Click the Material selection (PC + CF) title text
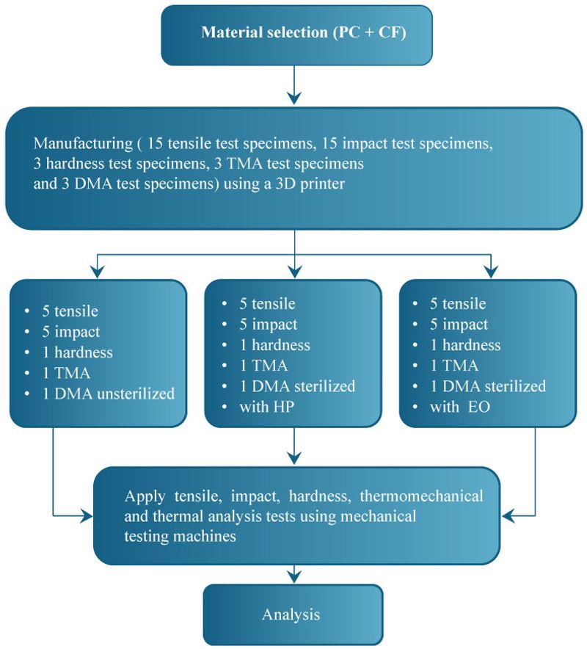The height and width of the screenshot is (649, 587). click(303, 32)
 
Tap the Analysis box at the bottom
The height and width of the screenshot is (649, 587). click(293, 614)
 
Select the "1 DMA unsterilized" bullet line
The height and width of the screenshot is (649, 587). click(109, 394)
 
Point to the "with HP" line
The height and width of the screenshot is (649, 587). click(267, 407)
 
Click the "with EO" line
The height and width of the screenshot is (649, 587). click(460, 407)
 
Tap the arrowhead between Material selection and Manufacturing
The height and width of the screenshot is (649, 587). click(294, 98)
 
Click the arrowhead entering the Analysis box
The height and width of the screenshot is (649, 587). click(294, 576)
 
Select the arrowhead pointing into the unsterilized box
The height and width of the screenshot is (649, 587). click(97, 272)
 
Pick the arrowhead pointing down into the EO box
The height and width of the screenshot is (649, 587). click(491, 272)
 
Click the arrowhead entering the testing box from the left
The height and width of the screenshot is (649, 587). click(87, 516)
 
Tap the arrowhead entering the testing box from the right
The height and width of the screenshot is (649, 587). click(508, 516)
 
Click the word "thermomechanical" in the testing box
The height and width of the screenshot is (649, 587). click(421, 496)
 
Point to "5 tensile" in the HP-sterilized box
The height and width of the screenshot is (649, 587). click(267, 304)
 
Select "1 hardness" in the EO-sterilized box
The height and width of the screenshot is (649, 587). click(465, 345)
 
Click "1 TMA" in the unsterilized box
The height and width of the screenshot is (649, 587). click(66, 373)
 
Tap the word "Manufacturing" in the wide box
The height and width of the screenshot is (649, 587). click(83, 143)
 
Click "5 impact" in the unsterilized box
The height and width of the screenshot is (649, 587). click(70, 332)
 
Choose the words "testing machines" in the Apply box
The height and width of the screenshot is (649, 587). click(180, 537)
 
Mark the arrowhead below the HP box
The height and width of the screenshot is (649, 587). click(294, 458)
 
